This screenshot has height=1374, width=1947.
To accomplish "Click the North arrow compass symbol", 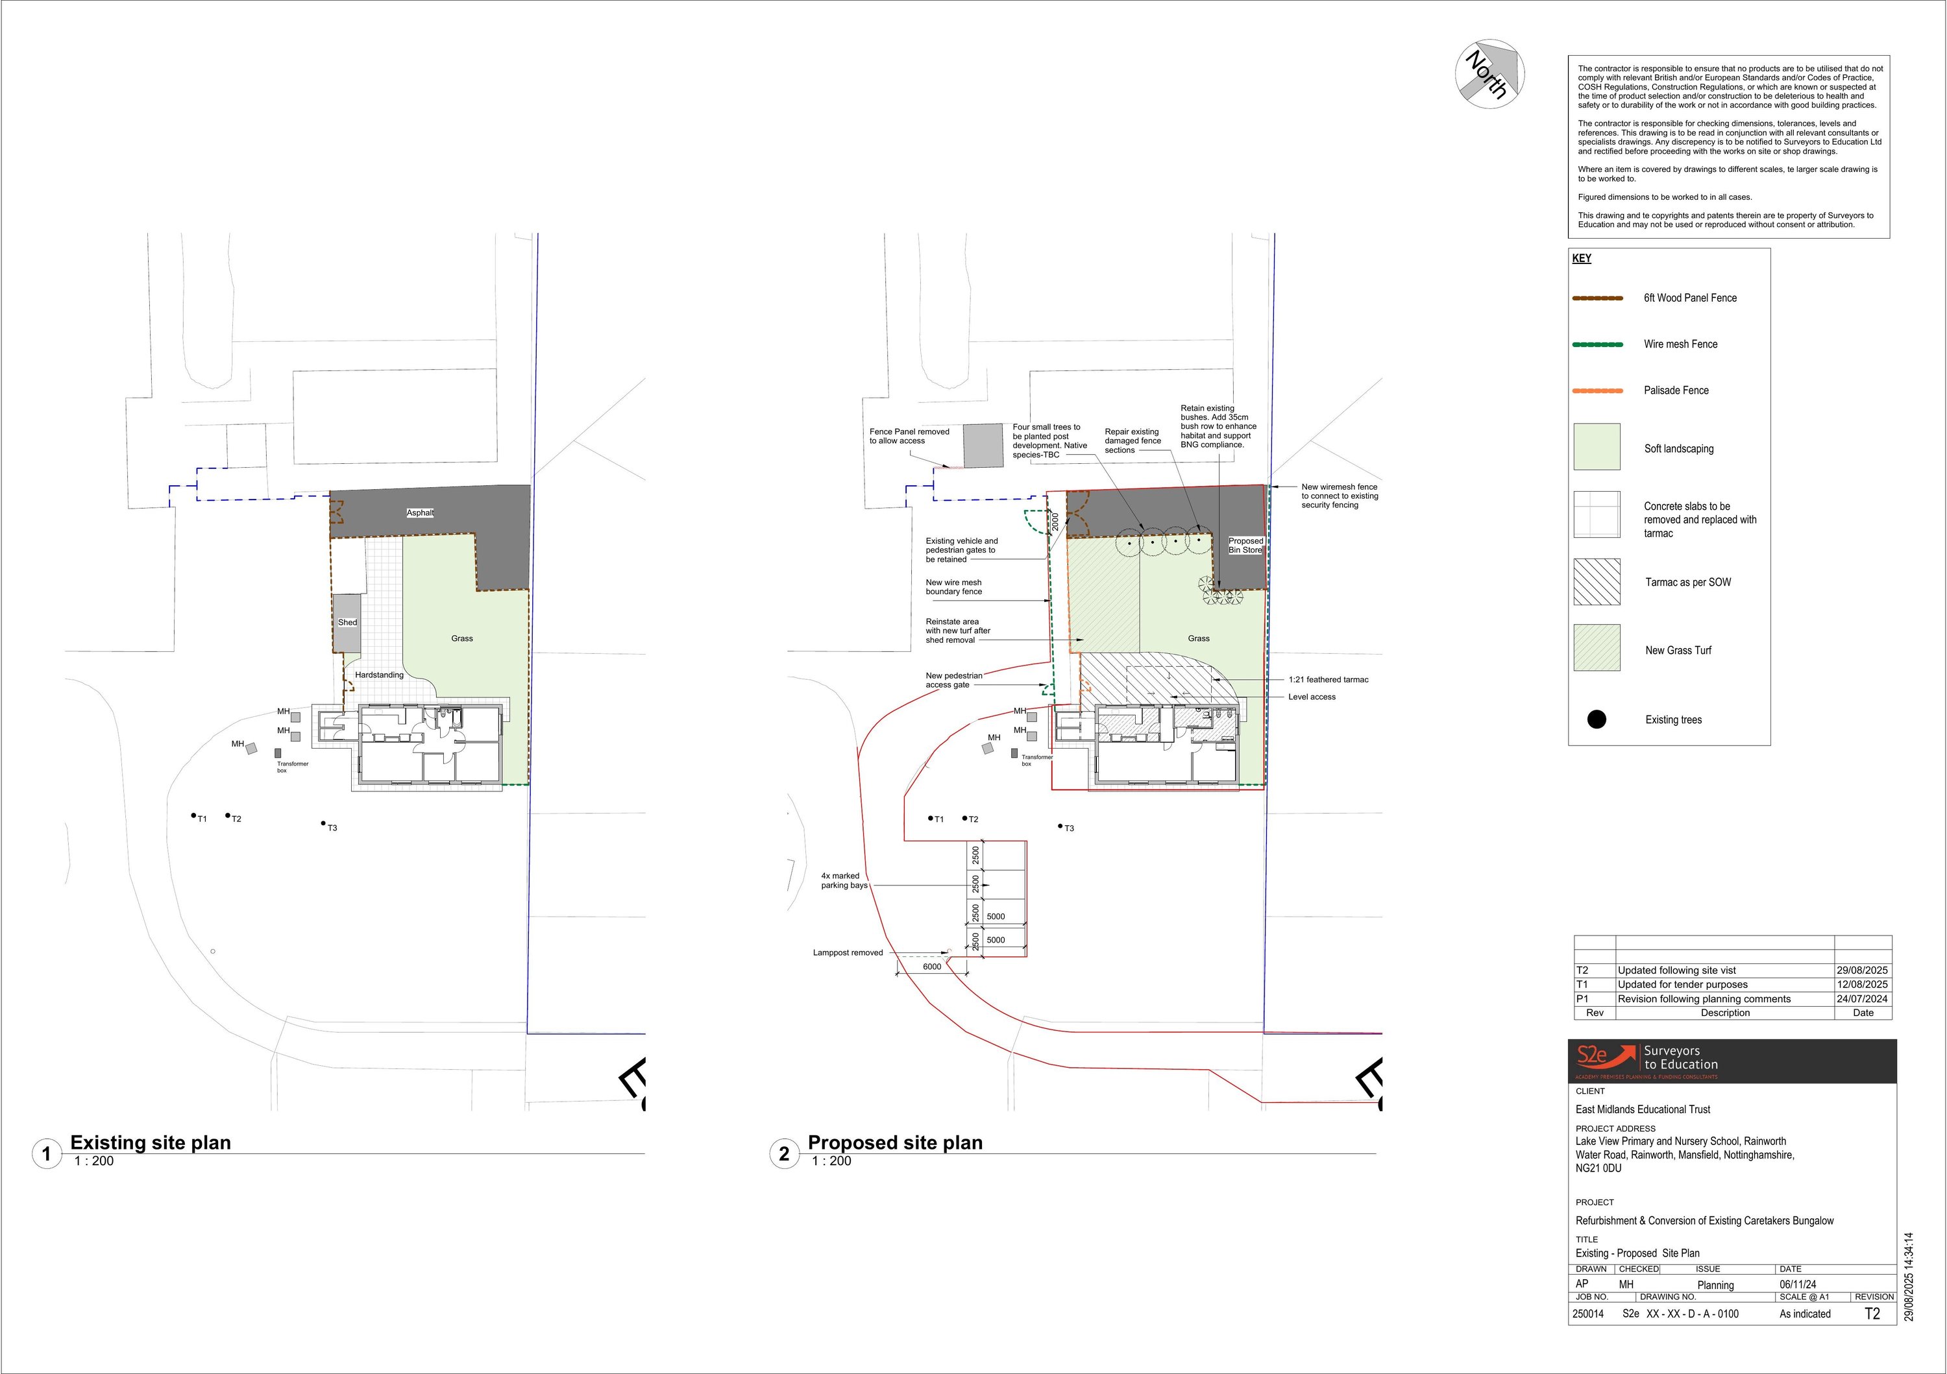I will click(1490, 74).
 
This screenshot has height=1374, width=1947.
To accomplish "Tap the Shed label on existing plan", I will click(348, 622).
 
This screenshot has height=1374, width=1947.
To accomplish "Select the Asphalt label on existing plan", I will click(420, 512).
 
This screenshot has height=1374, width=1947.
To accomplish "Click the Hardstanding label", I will click(379, 675).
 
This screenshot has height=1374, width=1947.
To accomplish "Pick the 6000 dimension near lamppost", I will click(931, 967).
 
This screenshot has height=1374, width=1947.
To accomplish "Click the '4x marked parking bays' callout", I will click(844, 881).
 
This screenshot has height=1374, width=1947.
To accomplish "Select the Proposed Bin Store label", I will click(1245, 545).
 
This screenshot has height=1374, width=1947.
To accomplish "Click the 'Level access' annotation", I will click(1311, 697).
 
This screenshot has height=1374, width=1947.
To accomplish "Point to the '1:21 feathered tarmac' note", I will click(1328, 680).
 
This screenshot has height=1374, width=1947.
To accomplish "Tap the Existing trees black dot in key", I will click(1596, 719).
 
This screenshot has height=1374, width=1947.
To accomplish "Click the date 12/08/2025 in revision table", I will click(1862, 985).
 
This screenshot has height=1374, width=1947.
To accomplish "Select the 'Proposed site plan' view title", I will click(894, 1142).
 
